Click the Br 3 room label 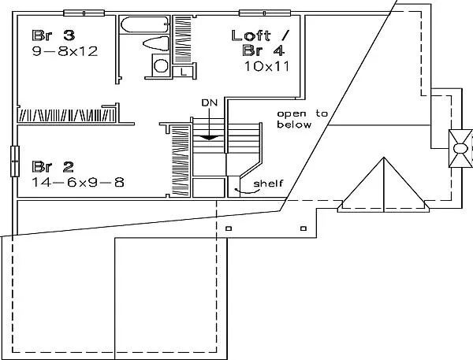[53, 35]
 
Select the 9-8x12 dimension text [65, 51]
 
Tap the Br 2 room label [53, 167]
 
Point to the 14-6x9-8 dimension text [78, 183]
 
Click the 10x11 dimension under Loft [266, 66]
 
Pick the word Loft [251, 35]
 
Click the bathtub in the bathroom [144, 24]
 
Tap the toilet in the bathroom [155, 43]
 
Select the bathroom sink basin [161, 65]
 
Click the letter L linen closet [183, 72]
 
